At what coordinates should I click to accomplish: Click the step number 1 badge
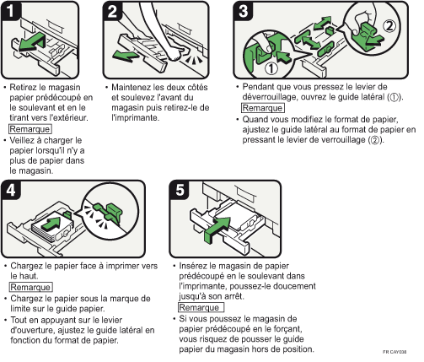click(10, 11)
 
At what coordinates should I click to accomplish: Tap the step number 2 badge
click(112, 11)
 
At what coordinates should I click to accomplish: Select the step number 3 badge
click(244, 11)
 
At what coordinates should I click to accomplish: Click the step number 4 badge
click(11, 190)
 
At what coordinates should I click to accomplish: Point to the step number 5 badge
click(180, 190)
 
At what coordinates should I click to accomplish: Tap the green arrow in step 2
click(126, 56)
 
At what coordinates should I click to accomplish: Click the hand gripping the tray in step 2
click(175, 52)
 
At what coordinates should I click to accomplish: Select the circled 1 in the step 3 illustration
click(271, 68)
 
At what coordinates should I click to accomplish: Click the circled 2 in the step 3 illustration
click(389, 26)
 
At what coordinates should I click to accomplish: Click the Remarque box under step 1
click(30, 129)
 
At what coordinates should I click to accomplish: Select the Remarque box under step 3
click(263, 108)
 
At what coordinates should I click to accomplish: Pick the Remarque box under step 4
click(31, 287)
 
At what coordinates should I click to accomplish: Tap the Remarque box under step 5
click(201, 307)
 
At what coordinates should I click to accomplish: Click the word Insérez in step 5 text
click(194, 266)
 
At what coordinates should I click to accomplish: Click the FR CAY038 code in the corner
click(394, 352)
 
